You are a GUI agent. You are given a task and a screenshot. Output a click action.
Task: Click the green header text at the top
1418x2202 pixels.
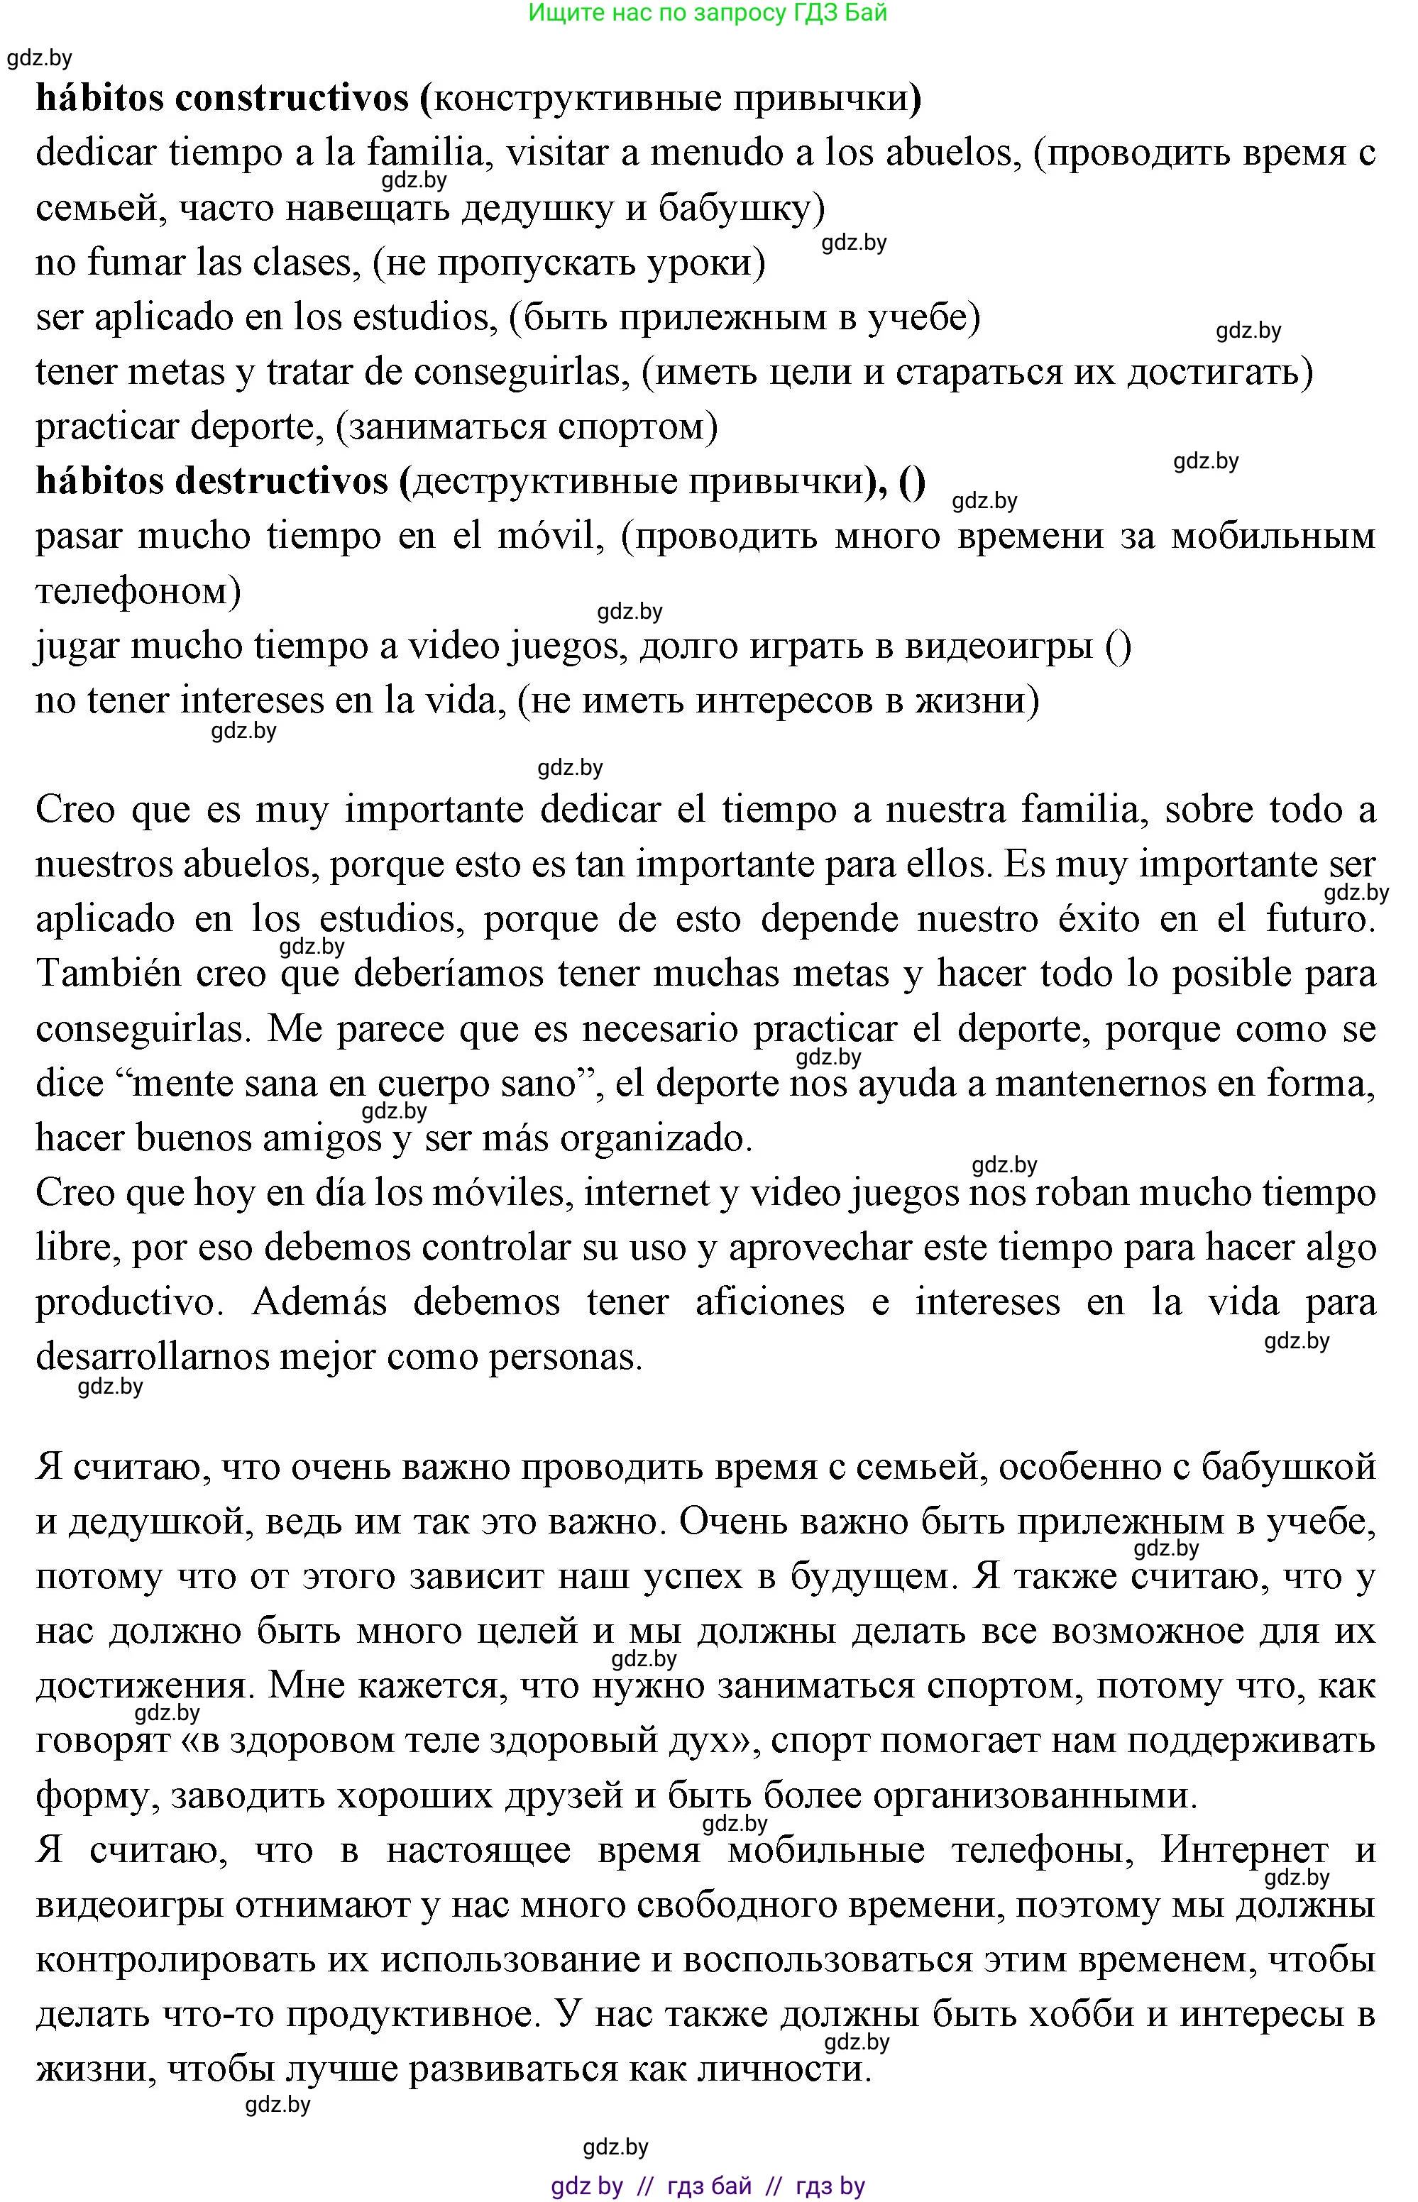(707, 13)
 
